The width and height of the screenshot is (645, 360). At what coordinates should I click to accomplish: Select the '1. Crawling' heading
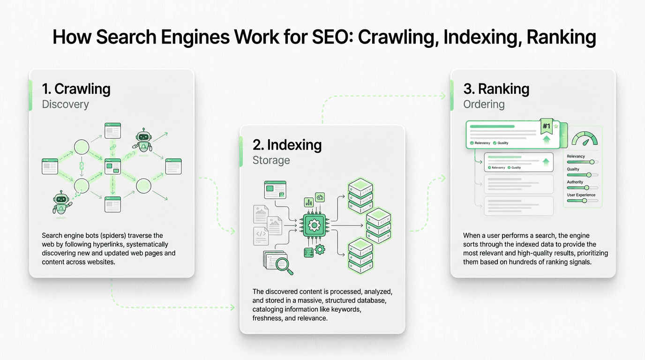click(x=76, y=89)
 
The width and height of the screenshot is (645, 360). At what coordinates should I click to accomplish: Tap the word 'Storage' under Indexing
click(x=271, y=160)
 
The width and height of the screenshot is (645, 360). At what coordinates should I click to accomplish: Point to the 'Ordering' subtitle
click(x=484, y=104)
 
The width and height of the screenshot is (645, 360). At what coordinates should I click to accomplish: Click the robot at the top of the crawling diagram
click(x=144, y=140)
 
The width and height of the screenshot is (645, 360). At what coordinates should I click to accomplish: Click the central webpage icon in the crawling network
click(x=112, y=166)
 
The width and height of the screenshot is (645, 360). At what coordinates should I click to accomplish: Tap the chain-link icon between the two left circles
click(x=81, y=166)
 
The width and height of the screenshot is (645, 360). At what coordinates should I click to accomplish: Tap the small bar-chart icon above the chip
click(x=309, y=202)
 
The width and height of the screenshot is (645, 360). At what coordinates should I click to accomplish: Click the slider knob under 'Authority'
click(x=586, y=187)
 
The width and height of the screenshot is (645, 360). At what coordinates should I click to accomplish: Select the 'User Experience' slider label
click(x=581, y=195)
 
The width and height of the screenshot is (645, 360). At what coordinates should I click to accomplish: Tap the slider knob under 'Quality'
click(x=589, y=175)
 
